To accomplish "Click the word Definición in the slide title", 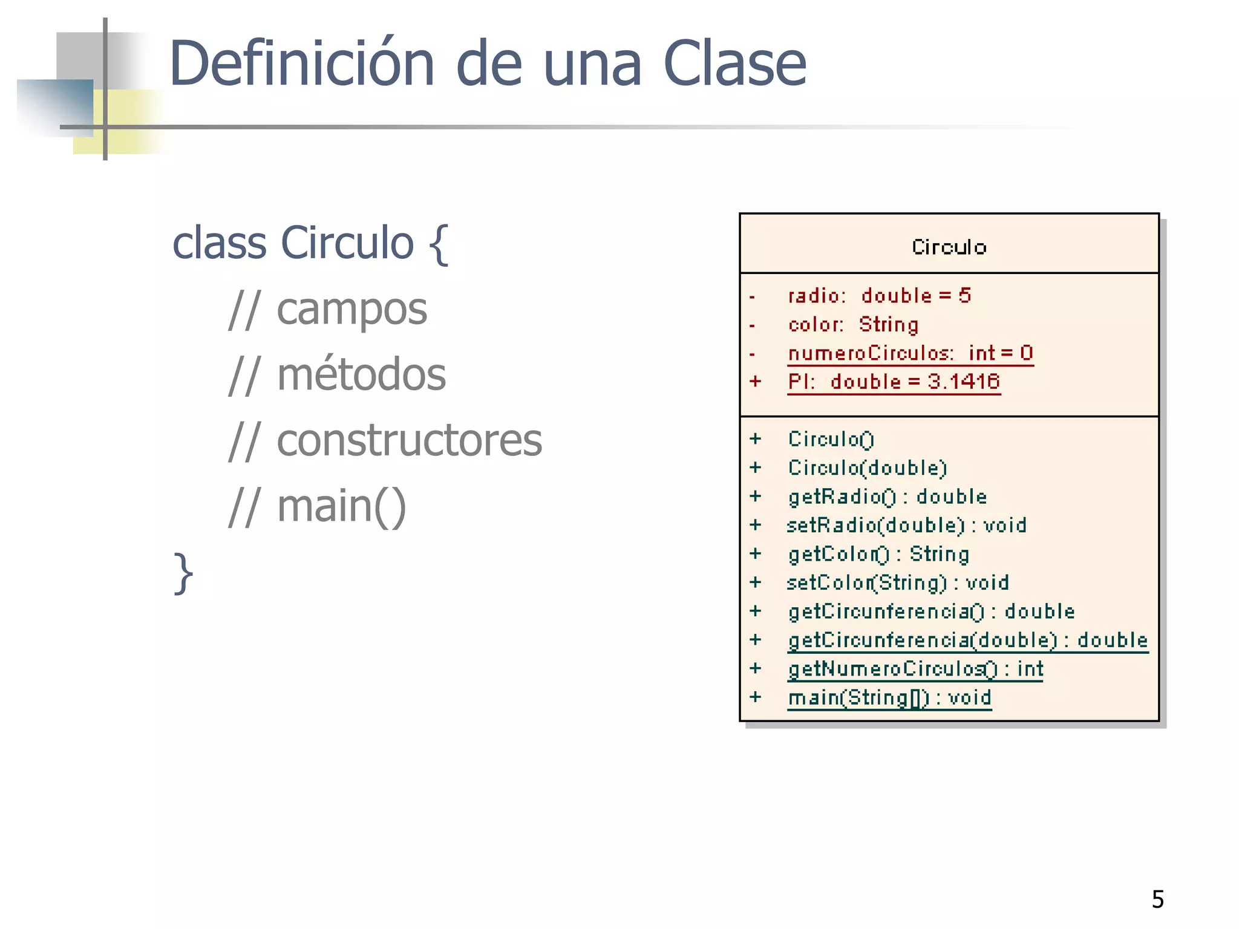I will (x=301, y=64).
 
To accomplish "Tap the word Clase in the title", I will (x=734, y=64).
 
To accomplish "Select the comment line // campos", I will (x=327, y=309).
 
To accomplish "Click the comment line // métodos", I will (x=337, y=375).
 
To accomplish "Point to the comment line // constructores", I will (x=385, y=440).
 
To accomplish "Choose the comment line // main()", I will (x=317, y=506).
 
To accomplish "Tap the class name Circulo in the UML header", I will (x=949, y=247).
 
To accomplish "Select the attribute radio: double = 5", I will (x=879, y=296).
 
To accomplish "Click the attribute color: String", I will (x=853, y=325).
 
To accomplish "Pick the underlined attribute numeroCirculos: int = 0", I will (x=910, y=353).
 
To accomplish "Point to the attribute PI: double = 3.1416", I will (x=894, y=382).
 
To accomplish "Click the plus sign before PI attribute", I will (x=755, y=382).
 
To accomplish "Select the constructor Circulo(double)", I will (x=867, y=468).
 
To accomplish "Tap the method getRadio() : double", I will (x=887, y=497).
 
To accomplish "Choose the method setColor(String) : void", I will (x=898, y=583).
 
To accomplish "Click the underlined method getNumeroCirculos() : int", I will (x=915, y=669).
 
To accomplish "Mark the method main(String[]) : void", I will (x=889, y=698).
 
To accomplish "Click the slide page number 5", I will (x=1157, y=899).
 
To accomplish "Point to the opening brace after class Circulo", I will (x=439, y=244).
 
